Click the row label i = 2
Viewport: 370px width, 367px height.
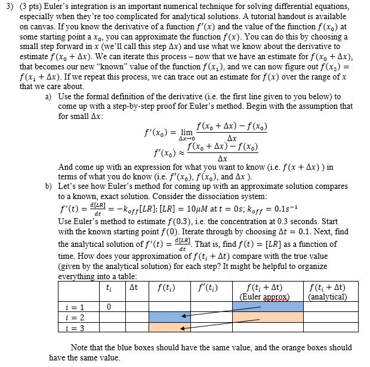[x=77, y=317]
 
